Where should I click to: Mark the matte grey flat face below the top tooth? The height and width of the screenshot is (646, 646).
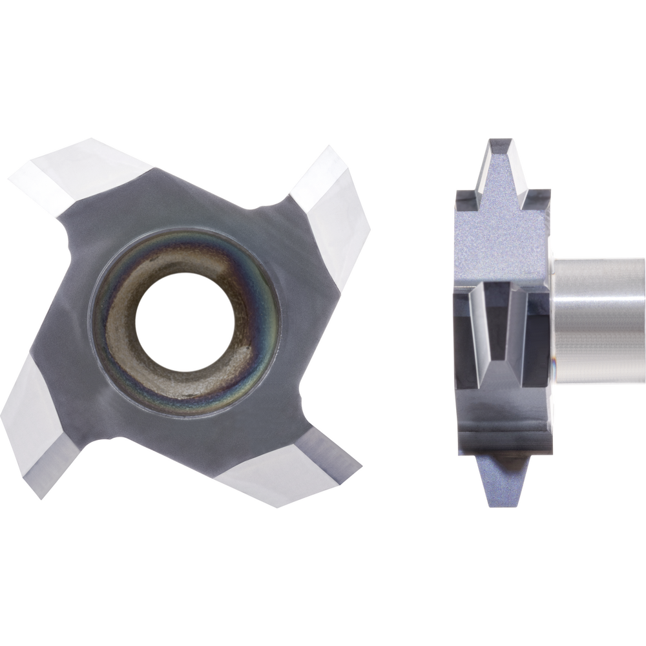[x=501, y=239]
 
